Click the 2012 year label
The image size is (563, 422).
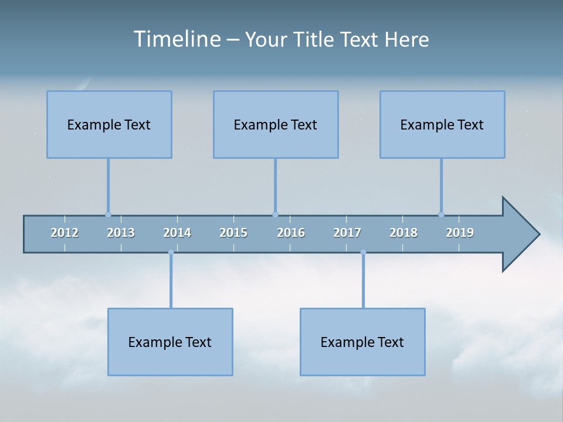coord(65,233)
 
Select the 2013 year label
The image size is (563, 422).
coord(121,233)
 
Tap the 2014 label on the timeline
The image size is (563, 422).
coord(177,233)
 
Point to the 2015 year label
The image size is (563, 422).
coord(233,233)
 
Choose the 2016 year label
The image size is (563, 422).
coord(291,233)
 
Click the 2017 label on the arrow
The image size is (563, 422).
coord(347,233)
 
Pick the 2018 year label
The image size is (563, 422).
coord(403,233)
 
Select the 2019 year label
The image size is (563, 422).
coord(460,233)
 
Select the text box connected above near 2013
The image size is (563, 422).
coord(109,124)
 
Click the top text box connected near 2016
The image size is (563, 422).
coord(276,124)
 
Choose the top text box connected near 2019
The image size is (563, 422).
coord(442,124)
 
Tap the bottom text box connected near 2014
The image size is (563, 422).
coord(170,342)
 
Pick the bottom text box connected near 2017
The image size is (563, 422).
coord(362,342)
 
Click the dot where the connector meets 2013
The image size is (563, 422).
coord(108,215)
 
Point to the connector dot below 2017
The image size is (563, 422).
coord(363,253)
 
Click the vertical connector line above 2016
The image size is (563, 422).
coord(275,185)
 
